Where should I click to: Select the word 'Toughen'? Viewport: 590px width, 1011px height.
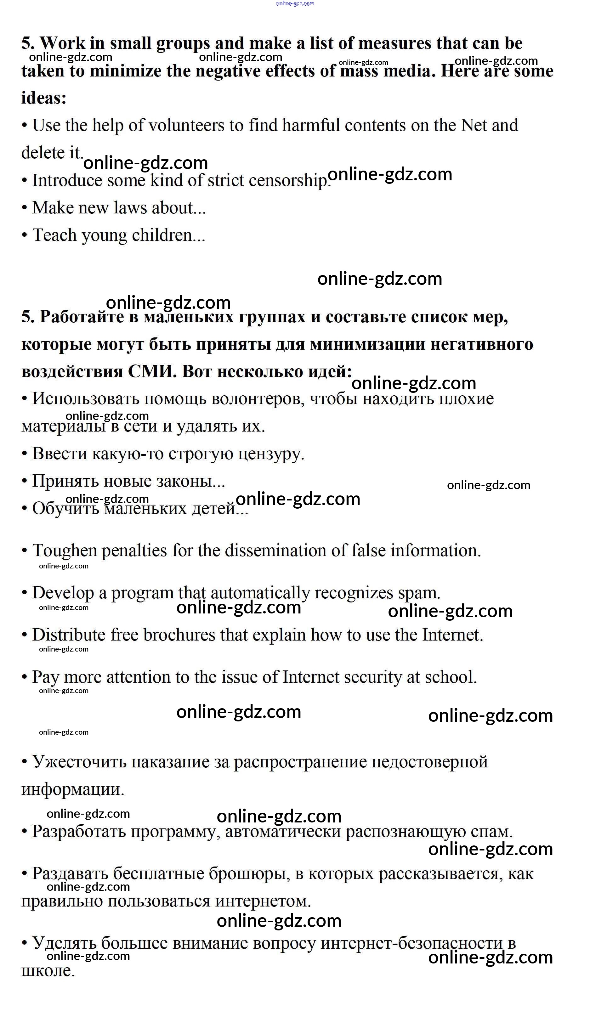pos(66,551)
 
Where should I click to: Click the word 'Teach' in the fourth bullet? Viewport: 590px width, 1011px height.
pos(54,235)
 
